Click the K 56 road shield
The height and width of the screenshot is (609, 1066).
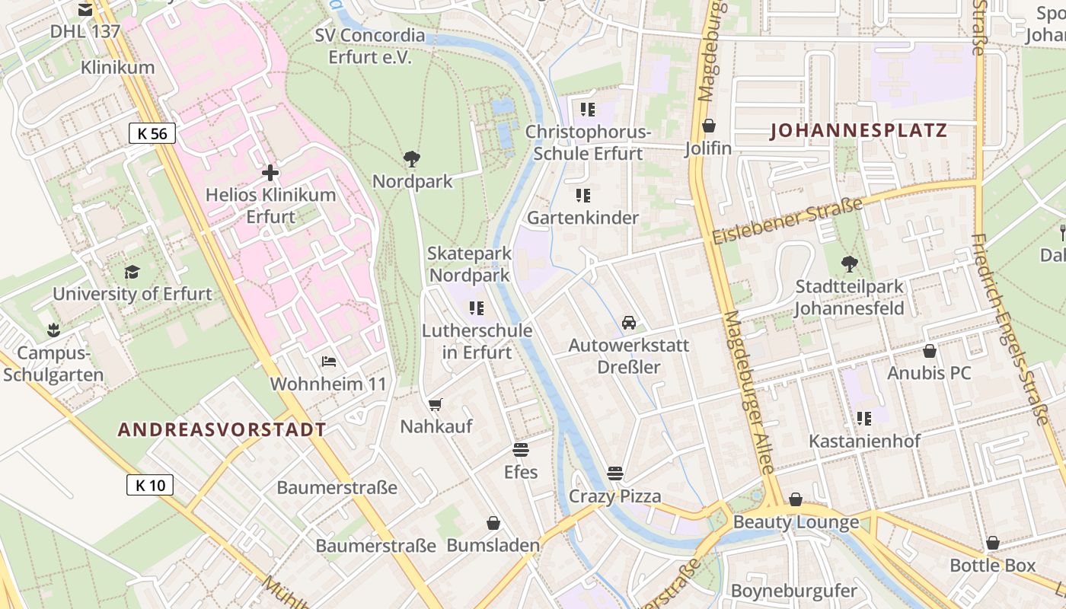pyautogui.click(x=152, y=133)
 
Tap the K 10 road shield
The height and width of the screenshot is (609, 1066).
pyautogui.click(x=150, y=485)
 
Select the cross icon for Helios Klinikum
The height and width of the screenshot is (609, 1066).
pyautogui.click(x=270, y=173)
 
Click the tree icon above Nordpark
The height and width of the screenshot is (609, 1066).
pyautogui.click(x=412, y=159)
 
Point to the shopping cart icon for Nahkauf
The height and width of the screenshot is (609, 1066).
pyautogui.click(x=435, y=404)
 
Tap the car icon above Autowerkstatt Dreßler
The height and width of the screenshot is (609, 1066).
pyautogui.click(x=629, y=323)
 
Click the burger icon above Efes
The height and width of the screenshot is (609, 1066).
pyautogui.click(x=521, y=450)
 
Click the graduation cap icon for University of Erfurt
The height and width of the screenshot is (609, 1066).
pyautogui.click(x=132, y=272)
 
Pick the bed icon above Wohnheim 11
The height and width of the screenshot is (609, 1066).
pyautogui.click(x=329, y=361)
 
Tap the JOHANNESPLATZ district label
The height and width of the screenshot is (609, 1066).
pyautogui.click(x=858, y=130)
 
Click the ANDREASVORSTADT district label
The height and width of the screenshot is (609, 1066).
pyautogui.click(x=222, y=429)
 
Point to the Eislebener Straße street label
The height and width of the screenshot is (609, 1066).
pyautogui.click(x=787, y=221)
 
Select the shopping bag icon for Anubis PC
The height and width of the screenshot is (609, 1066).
pyautogui.click(x=929, y=351)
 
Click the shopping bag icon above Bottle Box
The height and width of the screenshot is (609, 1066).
pyautogui.click(x=992, y=543)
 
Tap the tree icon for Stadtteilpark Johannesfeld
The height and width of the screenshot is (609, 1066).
pyautogui.click(x=849, y=264)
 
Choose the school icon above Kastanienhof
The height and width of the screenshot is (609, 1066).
pyautogui.click(x=864, y=418)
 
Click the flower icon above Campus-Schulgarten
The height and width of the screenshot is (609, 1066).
pyautogui.click(x=53, y=330)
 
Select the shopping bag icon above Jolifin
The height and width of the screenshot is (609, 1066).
pyautogui.click(x=709, y=126)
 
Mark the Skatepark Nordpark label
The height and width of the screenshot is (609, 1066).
pyautogui.click(x=468, y=263)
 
